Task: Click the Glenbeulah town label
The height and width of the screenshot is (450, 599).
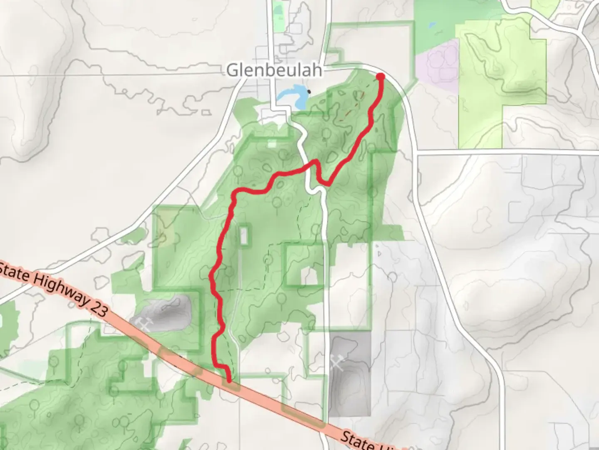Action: (274, 70)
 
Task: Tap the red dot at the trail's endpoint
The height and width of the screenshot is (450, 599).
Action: (380, 76)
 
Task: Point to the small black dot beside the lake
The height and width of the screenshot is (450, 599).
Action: (309, 91)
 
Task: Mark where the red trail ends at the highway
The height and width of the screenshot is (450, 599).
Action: (229, 379)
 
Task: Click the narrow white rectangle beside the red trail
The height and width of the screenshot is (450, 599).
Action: (244, 236)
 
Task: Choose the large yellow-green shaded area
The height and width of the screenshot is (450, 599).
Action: (499, 83)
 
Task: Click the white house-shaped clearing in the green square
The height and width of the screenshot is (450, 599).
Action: (309, 275)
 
